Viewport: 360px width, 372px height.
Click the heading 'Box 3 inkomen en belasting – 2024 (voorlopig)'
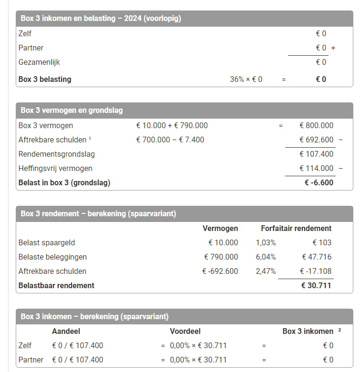101,19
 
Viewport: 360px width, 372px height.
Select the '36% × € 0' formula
246,80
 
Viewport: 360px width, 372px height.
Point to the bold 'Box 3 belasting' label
45,80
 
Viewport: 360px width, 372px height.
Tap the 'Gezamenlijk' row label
39,62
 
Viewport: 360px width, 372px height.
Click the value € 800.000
316,126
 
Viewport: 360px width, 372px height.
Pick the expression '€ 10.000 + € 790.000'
172,126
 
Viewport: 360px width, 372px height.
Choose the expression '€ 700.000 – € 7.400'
170,140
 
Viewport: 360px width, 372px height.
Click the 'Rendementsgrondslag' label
56,154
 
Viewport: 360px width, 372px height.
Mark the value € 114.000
316,169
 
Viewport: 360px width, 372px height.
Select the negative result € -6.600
319,182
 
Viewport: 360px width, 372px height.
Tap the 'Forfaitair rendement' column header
296,229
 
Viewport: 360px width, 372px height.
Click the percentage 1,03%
266,243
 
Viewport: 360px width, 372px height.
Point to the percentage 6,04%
266,257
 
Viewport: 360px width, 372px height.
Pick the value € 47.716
317,257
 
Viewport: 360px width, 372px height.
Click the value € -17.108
316,271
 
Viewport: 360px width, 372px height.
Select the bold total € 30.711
316,286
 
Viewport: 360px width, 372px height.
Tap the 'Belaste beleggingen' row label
52,257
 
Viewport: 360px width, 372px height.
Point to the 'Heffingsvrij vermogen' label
55,169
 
